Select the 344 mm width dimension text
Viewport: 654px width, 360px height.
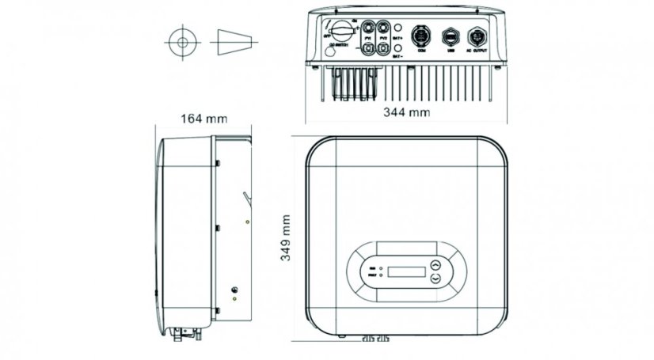(x=406, y=112)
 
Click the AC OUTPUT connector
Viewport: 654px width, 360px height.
(x=478, y=36)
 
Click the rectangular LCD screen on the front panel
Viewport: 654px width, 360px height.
(x=407, y=272)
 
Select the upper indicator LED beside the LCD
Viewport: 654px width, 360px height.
(x=382, y=270)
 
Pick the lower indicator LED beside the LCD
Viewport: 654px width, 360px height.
(x=382, y=277)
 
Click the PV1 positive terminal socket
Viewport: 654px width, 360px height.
(x=368, y=26)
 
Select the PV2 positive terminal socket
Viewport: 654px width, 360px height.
(x=384, y=26)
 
